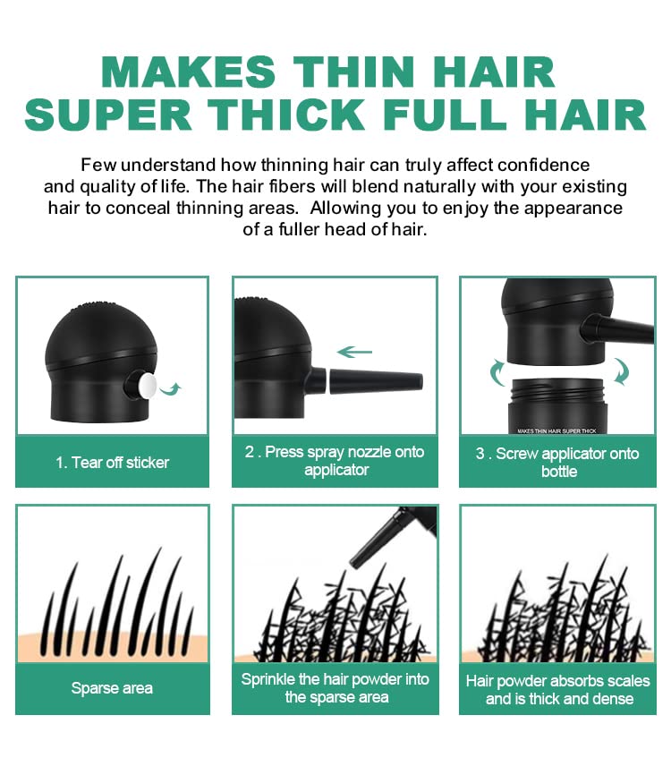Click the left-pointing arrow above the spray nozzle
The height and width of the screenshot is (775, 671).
click(x=355, y=352)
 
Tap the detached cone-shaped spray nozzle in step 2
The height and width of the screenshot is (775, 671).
click(x=375, y=381)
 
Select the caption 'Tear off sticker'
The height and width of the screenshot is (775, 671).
click(x=112, y=463)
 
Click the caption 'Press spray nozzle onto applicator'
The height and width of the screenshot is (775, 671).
click(x=335, y=461)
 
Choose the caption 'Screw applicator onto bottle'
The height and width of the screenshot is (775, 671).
click(x=557, y=462)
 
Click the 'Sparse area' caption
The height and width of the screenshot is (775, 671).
click(x=112, y=688)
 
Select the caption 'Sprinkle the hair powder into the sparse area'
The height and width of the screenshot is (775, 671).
click(x=335, y=688)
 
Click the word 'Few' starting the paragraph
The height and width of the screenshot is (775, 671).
click(x=98, y=165)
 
